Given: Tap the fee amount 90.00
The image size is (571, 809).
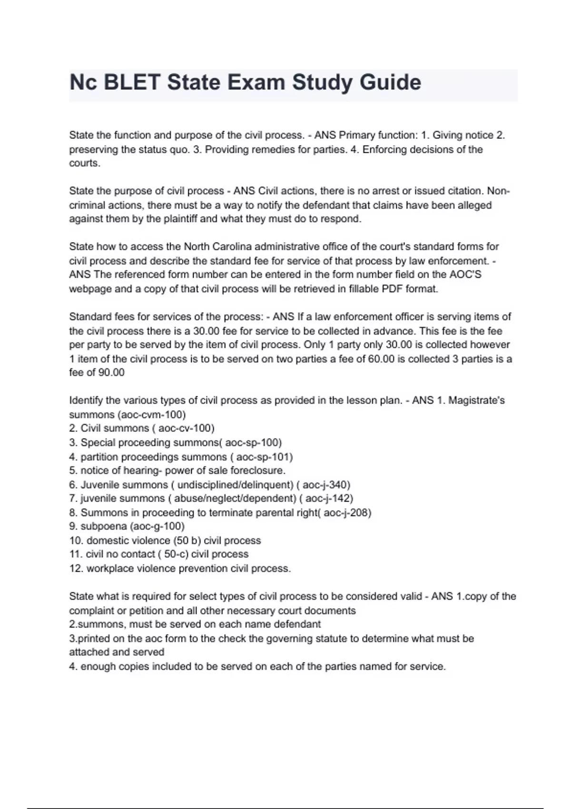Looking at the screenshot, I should click(111, 373).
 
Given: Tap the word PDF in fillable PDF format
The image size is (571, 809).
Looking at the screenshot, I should click(392, 289).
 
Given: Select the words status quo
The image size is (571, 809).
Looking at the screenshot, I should click(165, 149).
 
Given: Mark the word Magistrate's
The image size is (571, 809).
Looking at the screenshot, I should click(476, 400).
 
